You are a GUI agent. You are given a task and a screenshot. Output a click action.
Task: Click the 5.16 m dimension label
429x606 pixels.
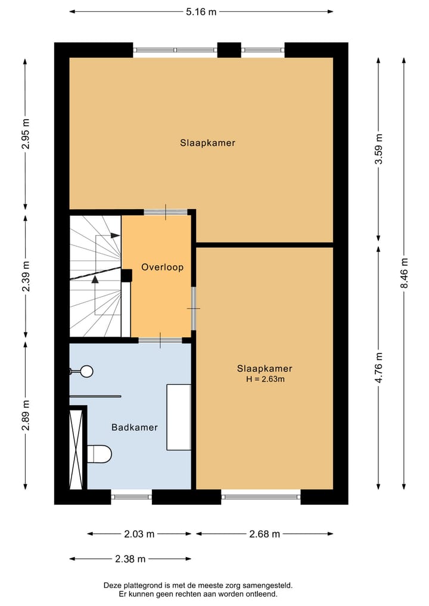[x=201, y=11]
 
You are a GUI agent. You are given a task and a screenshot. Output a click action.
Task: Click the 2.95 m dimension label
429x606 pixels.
[x=24, y=134]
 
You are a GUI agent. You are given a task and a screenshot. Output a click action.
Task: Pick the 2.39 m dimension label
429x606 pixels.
[x=24, y=275]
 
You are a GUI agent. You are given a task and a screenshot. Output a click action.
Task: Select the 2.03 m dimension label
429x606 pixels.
[x=139, y=534]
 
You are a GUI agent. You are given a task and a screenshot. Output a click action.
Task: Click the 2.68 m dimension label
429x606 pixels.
[x=264, y=534]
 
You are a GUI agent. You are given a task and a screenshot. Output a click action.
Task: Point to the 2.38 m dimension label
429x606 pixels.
[x=130, y=559]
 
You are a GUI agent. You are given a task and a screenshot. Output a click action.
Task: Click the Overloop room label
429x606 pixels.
[x=162, y=268]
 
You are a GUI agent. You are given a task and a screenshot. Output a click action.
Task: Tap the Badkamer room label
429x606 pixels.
[x=135, y=427]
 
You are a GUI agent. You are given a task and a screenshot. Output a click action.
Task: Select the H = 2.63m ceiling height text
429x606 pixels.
[x=265, y=379]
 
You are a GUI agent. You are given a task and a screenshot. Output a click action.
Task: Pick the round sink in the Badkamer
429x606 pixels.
[x=86, y=371]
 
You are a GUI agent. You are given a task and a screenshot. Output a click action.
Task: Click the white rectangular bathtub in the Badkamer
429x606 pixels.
[x=178, y=417]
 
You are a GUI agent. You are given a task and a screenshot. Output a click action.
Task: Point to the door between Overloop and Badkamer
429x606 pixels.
[x=160, y=340]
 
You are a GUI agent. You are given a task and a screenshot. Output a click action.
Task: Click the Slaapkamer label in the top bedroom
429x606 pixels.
[x=208, y=143]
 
